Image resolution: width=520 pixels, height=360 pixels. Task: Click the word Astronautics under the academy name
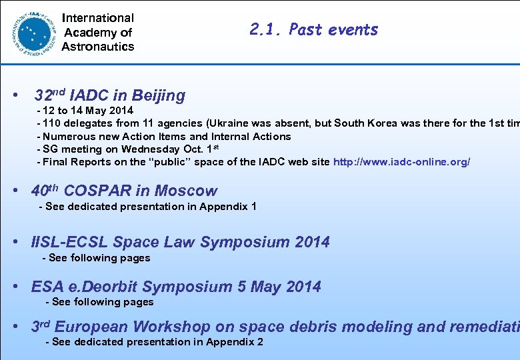coord(98,47)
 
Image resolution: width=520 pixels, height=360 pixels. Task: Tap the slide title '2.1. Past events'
coord(313,29)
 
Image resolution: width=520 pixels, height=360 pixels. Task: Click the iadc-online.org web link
coord(401,162)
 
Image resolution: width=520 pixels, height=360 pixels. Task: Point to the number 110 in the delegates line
coord(55,123)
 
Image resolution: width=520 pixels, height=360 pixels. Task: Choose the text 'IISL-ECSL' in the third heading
coord(69,242)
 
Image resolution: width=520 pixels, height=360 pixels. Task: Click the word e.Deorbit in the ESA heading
coord(103,287)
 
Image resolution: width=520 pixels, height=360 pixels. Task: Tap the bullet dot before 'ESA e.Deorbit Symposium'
coord(16,287)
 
